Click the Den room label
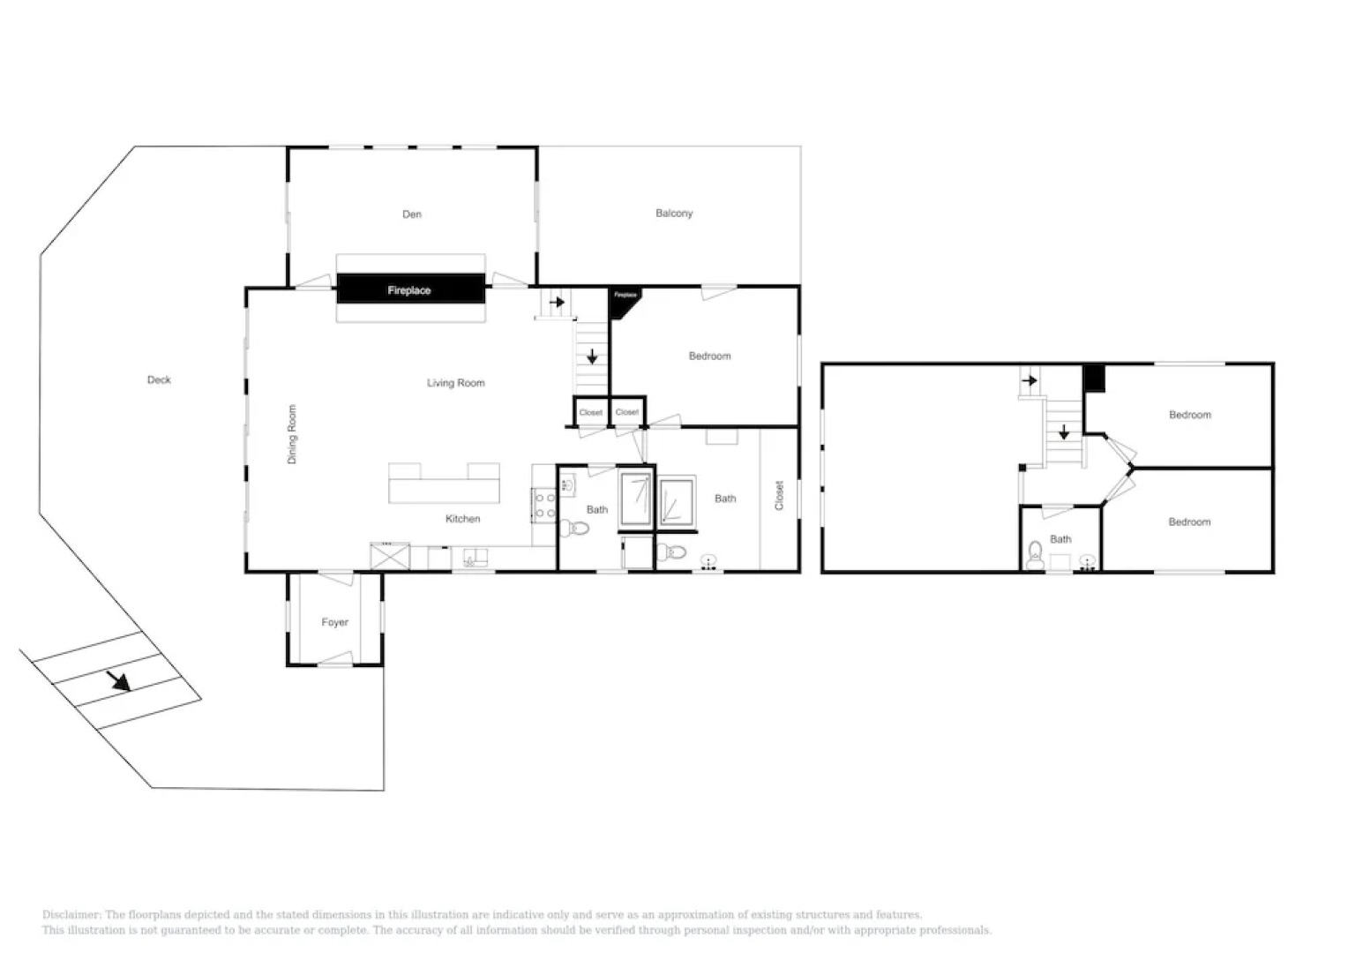[412, 214]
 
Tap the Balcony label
[674, 214]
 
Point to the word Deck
[159, 380]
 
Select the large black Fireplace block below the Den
[410, 289]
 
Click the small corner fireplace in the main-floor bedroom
[625, 299]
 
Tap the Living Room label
[455, 383]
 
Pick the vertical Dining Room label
[292, 434]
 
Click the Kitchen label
[462, 519]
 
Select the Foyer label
[334, 623]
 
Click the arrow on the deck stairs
[118, 680]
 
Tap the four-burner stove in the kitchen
[544, 505]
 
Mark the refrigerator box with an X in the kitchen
[390, 557]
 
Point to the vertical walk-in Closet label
[779, 495]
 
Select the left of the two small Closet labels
[590, 413]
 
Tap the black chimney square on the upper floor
[1094, 379]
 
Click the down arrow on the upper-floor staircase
[1064, 432]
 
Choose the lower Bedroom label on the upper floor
[1189, 522]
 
